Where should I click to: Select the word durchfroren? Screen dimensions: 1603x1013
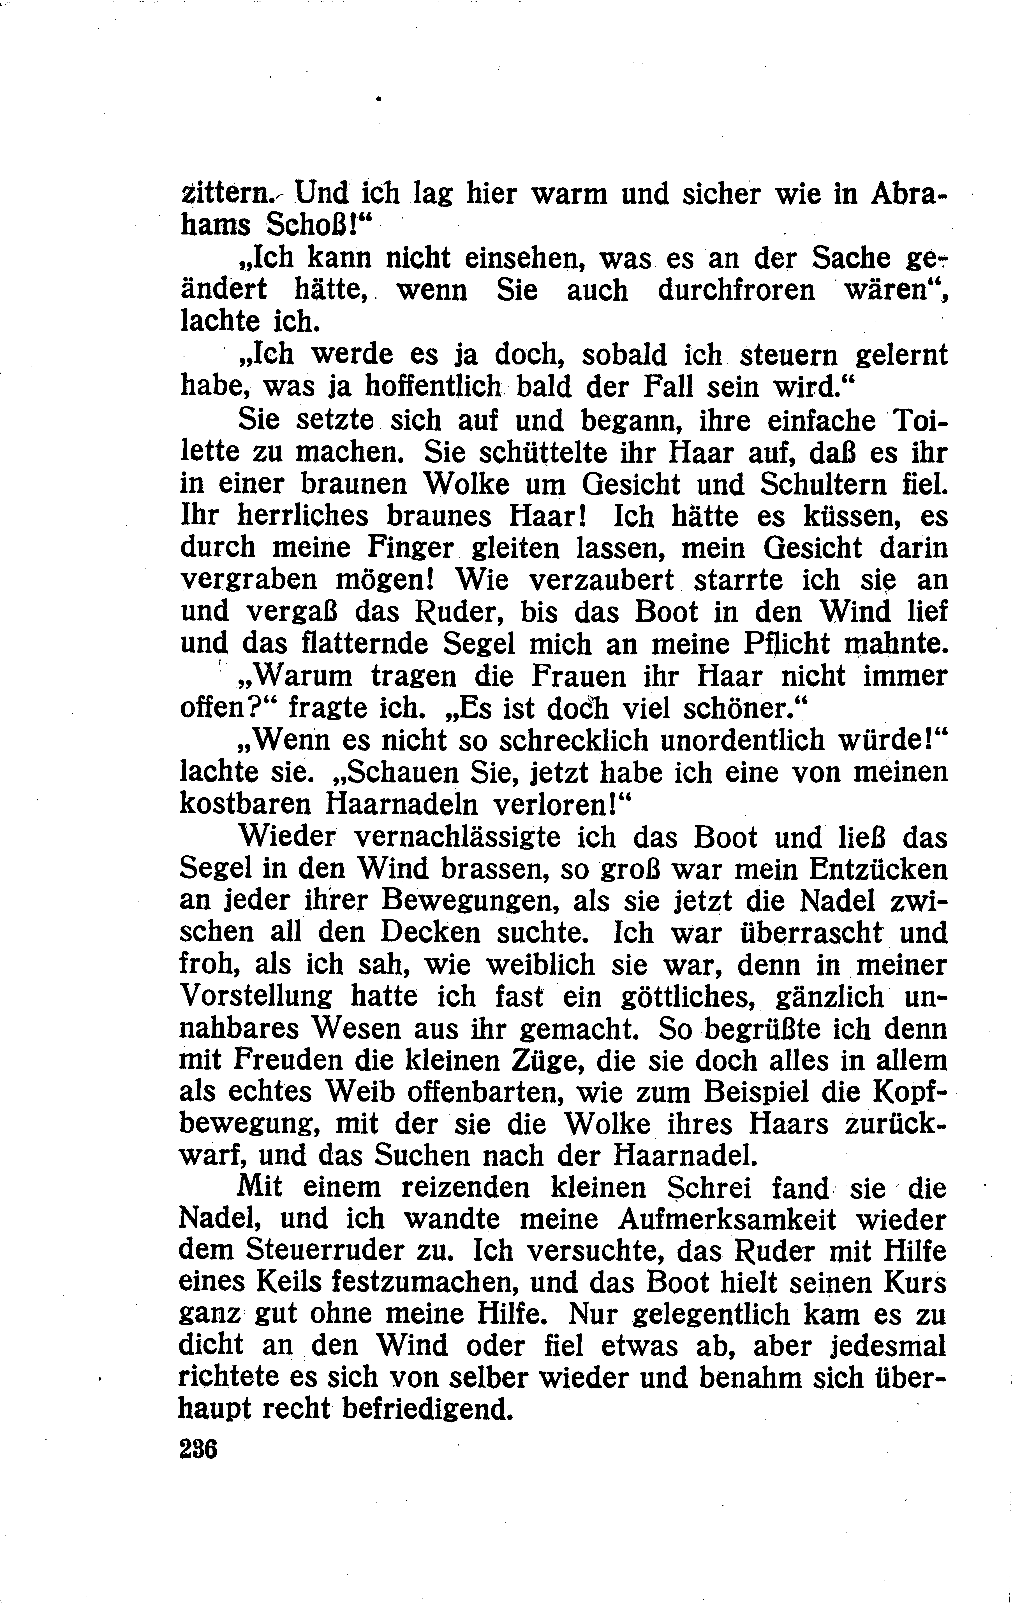tap(736, 291)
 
